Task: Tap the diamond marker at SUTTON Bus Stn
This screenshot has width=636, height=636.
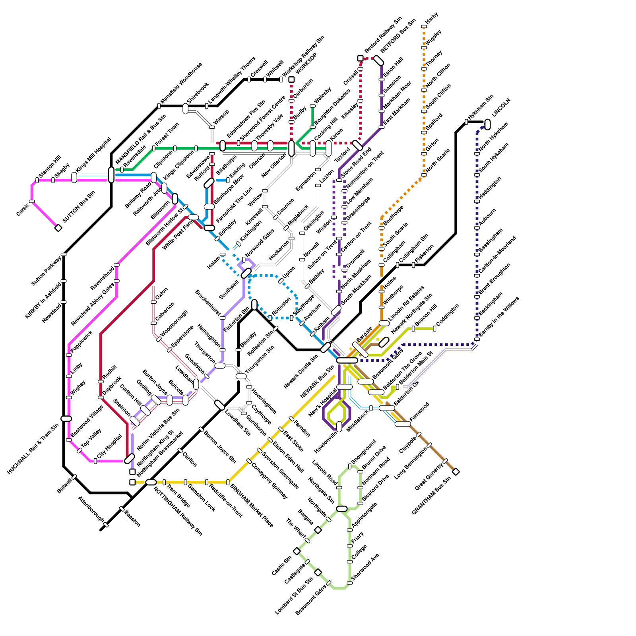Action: [58, 228]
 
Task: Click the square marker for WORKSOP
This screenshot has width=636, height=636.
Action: [291, 79]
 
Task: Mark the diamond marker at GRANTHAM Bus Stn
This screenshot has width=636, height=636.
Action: [456, 472]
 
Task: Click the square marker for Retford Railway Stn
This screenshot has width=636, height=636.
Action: [360, 58]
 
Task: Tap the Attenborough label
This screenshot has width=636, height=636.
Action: [91, 509]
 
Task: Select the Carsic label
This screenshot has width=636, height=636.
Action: [23, 210]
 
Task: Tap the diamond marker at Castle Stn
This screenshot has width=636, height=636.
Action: [297, 551]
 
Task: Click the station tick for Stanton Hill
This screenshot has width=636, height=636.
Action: [37, 180]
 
